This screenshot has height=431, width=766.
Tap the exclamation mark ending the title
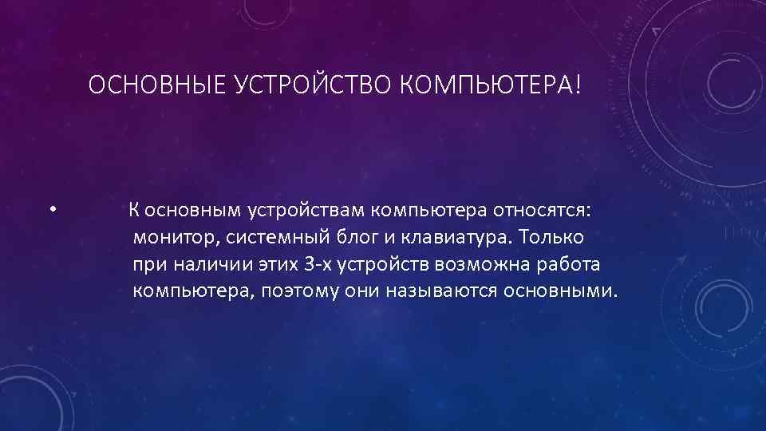click(578, 85)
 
